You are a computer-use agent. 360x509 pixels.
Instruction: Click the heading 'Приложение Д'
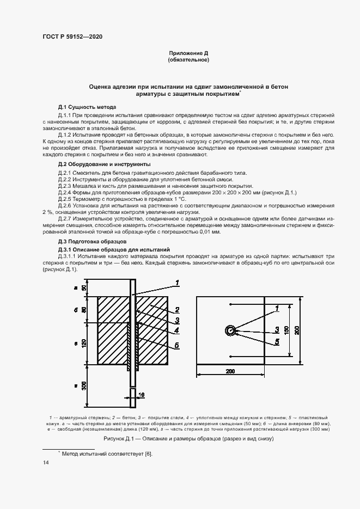188,53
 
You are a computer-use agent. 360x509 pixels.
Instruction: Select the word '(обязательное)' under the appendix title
188,60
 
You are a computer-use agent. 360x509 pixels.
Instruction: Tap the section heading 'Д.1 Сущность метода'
87,107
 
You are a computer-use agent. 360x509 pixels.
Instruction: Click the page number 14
46,463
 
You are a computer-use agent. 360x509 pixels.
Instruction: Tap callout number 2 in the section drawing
177,310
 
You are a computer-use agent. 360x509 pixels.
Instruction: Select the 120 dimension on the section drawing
82,344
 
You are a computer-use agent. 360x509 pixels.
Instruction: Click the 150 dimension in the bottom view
290,330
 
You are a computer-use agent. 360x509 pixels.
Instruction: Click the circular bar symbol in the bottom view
230,330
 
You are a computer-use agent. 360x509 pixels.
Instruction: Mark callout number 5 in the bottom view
277,341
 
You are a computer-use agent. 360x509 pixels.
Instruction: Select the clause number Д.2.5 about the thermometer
66,200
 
